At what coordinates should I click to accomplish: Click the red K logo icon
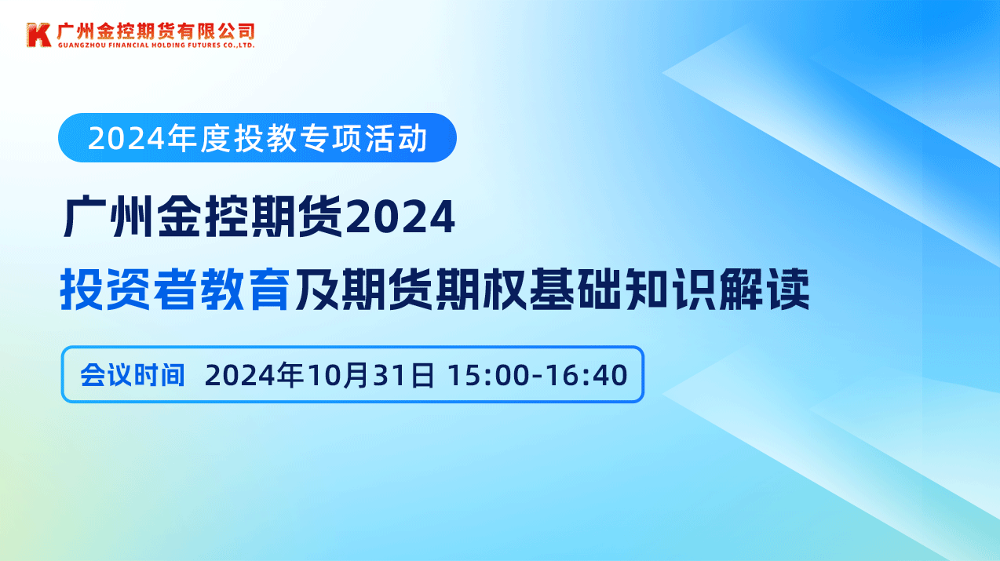pos(38,35)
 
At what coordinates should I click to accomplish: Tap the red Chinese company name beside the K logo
pos(155,31)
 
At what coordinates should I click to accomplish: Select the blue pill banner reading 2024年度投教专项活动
pos(257,137)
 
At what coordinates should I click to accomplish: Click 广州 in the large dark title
pos(106,217)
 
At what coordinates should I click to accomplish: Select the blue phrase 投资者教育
pos(176,289)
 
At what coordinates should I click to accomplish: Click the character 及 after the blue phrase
pos(316,289)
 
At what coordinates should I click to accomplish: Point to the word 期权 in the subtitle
pos(480,289)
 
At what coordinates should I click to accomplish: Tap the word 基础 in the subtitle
pos(575,289)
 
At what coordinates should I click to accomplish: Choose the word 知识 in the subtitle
pos(669,289)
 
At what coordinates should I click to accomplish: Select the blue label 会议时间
pos(132,375)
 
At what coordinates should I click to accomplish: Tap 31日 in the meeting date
pos(403,375)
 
